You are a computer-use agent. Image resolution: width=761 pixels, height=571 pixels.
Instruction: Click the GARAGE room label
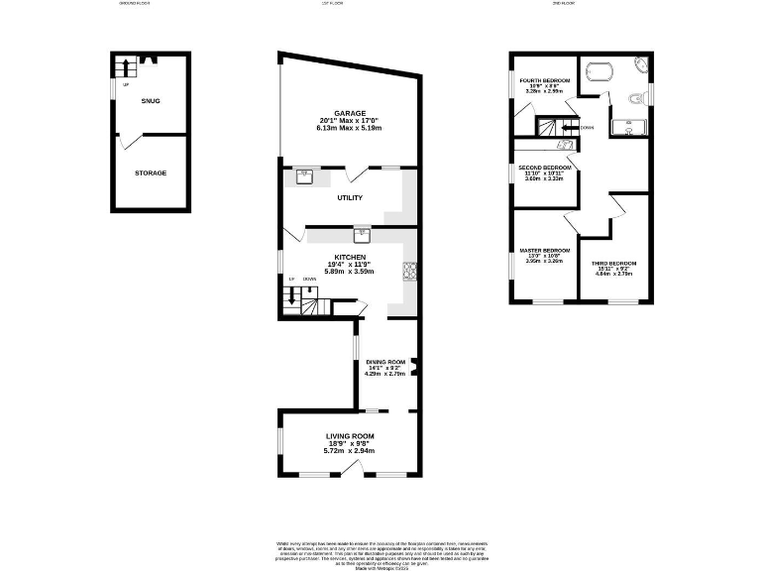(x=349, y=113)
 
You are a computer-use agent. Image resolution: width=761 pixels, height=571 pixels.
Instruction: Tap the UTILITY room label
(x=350, y=198)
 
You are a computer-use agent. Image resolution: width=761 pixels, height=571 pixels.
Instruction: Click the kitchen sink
(x=362, y=235)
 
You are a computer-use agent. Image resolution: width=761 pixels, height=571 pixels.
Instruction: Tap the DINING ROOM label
(x=385, y=362)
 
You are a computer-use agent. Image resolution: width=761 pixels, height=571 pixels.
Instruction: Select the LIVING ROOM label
(x=350, y=435)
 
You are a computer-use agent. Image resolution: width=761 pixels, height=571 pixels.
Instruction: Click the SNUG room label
(x=151, y=101)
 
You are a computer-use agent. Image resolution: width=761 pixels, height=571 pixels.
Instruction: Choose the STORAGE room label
(x=151, y=172)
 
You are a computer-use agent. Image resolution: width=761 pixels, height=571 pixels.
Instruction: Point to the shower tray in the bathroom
(x=629, y=127)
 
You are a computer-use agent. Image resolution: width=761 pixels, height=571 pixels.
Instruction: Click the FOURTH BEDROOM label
(x=544, y=79)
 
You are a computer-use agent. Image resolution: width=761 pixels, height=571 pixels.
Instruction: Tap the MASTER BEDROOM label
(x=544, y=250)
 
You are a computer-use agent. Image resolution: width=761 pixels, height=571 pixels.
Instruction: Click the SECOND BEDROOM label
(x=544, y=169)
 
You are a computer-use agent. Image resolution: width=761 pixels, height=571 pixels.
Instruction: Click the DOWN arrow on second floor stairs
(x=569, y=127)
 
